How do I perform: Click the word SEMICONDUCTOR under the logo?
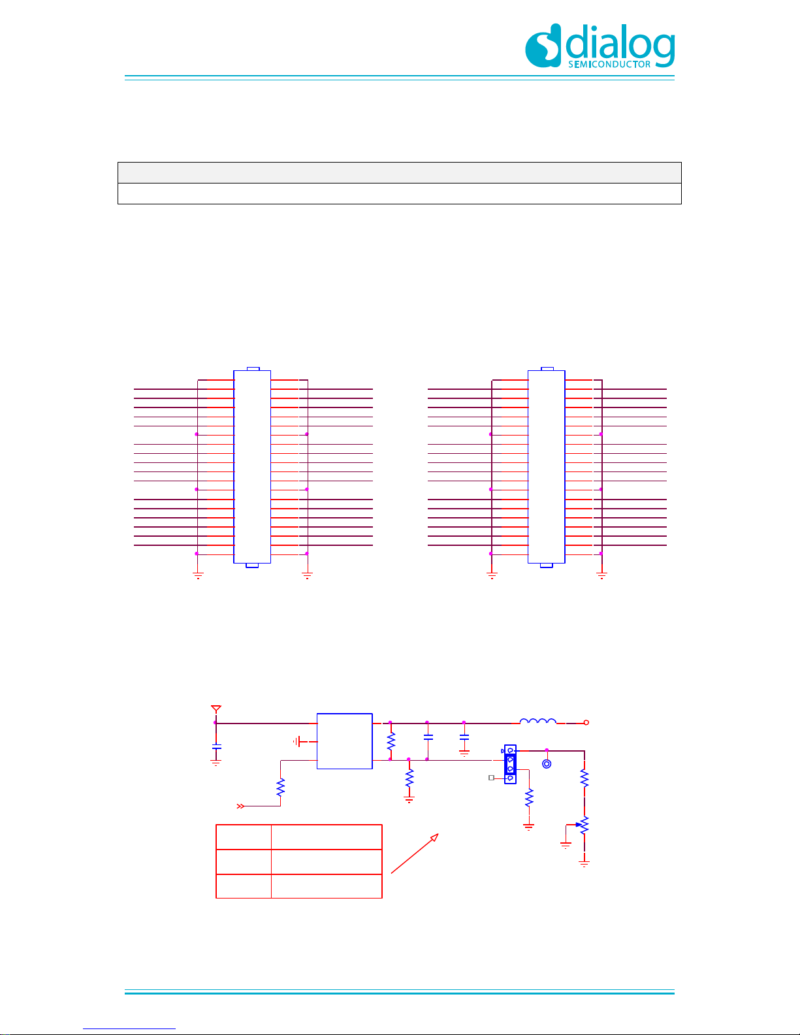(609, 64)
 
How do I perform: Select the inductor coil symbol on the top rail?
(537, 721)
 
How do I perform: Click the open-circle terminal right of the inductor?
(586, 723)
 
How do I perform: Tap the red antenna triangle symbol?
(216, 709)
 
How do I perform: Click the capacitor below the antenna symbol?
(216, 747)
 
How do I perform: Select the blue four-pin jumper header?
(510, 764)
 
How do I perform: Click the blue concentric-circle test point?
(547, 764)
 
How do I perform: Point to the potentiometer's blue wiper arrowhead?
(579, 825)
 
